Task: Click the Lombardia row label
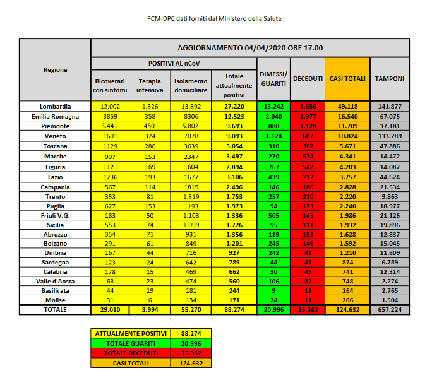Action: pyautogui.click(x=56, y=106)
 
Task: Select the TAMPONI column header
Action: pyautogui.click(x=390, y=78)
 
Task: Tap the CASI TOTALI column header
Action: pyautogui.click(x=347, y=78)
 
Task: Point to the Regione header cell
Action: pyautogui.click(x=56, y=69)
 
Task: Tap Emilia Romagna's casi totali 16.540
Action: pyautogui.click(x=347, y=116)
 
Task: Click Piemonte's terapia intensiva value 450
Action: pyautogui.click(x=150, y=125)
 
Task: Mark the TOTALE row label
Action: pyautogui.click(x=56, y=310)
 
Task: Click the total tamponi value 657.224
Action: pyautogui.click(x=390, y=310)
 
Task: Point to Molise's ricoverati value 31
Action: pyautogui.click(x=110, y=300)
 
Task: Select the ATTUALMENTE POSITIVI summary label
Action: pyautogui.click(x=130, y=333)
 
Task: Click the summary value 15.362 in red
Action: pyautogui.click(x=191, y=353)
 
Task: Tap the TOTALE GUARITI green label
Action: pyautogui.click(x=130, y=343)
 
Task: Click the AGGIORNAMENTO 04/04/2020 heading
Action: pyautogui.click(x=250, y=48)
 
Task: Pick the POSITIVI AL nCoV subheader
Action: pyautogui.click(x=174, y=64)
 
